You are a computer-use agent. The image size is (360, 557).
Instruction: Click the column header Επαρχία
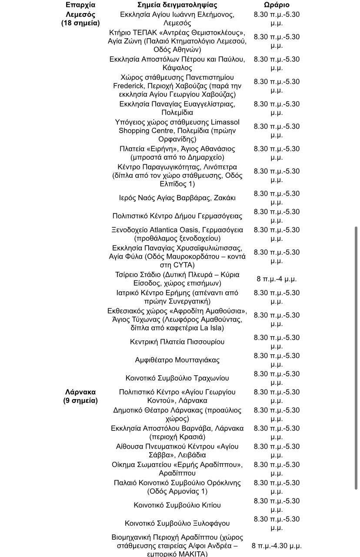pyautogui.click(x=80, y=5)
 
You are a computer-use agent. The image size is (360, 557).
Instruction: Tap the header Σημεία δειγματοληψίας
pyautogui.click(x=177, y=5)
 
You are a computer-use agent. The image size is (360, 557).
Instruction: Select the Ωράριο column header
pyautogui.click(x=277, y=5)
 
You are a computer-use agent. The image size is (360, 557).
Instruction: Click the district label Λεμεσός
pyautogui.click(x=80, y=14)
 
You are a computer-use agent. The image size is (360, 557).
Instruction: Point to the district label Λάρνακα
pyautogui.click(x=80, y=392)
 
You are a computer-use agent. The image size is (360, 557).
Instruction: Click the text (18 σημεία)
pyautogui.click(x=80, y=23)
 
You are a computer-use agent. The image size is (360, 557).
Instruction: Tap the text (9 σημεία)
pyautogui.click(x=80, y=400)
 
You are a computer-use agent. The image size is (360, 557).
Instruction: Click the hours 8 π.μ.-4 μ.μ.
pyautogui.click(x=277, y=279)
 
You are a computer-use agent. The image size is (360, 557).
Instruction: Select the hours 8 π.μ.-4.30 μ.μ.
pyautogui.click(x=277, y=546)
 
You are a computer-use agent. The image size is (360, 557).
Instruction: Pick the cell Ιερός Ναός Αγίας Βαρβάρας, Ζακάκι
pyautogui.click(x=177, y=198)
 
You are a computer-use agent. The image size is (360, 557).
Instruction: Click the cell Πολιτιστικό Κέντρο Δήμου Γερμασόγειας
pyautogui.click(x=177, y=216)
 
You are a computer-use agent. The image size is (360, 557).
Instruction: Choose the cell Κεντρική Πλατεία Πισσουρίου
pyautogui.click(x=177, y=342)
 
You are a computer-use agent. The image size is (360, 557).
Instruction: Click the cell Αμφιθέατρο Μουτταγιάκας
pyautogui.click(x=177, y=360)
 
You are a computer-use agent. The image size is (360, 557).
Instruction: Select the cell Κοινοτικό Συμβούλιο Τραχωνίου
pyautogui.click(x=177, y=378)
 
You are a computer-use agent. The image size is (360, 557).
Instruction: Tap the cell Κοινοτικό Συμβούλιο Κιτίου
pyautogui.click(x=177, y=505)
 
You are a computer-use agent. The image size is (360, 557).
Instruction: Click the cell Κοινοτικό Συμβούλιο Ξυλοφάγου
pyautogui.click(x=177, y=524)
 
